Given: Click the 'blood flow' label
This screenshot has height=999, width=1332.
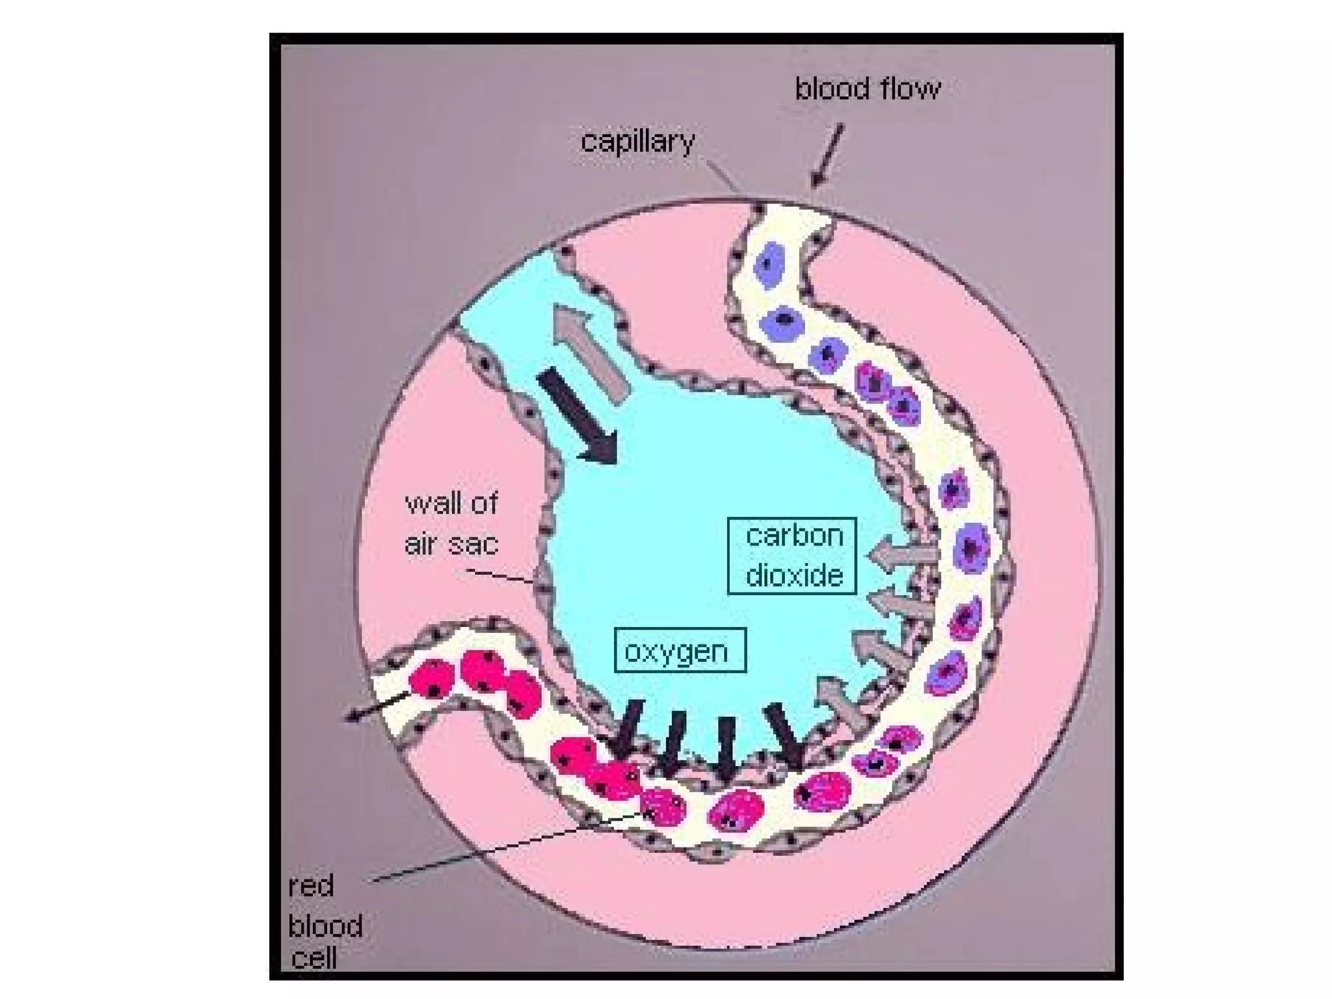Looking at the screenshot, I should (x=867, y=89).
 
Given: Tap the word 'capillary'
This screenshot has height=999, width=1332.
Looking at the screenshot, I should (x=637, y=141).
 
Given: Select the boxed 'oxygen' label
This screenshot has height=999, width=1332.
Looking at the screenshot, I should (x=680, y=650).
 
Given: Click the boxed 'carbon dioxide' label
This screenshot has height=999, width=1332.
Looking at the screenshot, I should (x=792, y=556).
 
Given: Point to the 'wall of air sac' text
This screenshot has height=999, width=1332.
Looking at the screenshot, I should (x=451, y=524).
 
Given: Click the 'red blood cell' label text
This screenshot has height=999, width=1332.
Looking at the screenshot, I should (x=324, y=924).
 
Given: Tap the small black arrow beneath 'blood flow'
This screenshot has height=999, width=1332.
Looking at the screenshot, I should (x=827, y=156).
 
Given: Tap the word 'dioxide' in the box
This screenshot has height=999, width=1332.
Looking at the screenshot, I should (x=794, y=576).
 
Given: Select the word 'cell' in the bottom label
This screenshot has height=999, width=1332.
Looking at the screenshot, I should (x=314, y=957).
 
